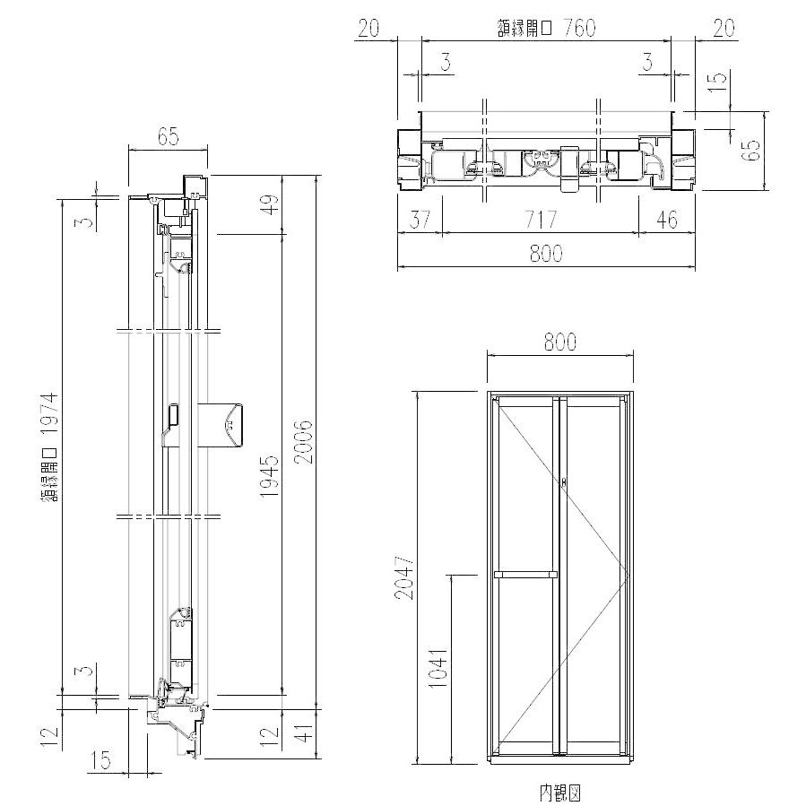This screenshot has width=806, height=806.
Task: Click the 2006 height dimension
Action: point(304,442)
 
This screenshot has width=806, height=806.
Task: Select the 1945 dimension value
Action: point(269,476)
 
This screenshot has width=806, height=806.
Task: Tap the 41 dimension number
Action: point(306,732)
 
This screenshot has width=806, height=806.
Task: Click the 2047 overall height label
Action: point(404,576)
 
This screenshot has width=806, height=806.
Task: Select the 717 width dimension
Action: point(541,220)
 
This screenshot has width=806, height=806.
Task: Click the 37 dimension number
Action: point(420,220)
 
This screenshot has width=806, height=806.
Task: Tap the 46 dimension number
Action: point(667,220)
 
